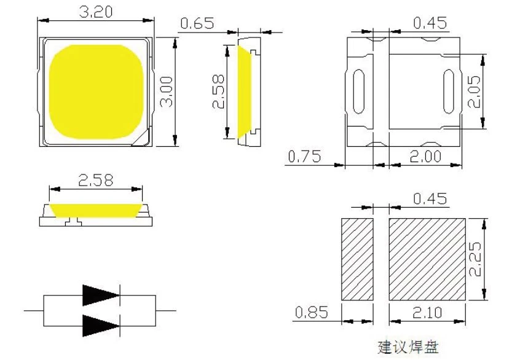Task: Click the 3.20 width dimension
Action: click(96, 12)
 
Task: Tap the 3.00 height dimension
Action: click(166, 92)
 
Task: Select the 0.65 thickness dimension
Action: click(197, 23)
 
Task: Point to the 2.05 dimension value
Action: click(474, 92)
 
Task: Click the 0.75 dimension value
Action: click(304, 157)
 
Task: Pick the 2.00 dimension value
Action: click(425, 157)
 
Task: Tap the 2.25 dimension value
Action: click(475, 259)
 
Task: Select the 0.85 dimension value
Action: click(311, 312)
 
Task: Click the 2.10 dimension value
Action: click(427, 313)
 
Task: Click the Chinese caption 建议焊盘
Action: click(408, 347)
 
